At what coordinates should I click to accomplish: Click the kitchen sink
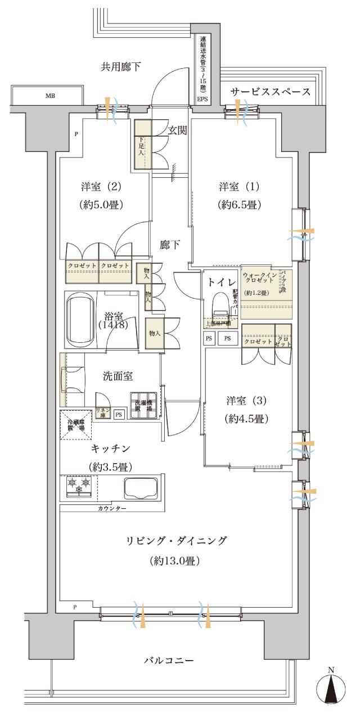pyautogui.click(x=141, y=487)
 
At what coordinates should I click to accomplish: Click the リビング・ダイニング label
pyautogui.click(x=177, y=541)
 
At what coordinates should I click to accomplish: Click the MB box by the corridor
pyautogui.click(x=51, y=95)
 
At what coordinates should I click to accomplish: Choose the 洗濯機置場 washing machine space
pyautogui.click(x=143, y=406)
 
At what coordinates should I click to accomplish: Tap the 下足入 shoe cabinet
pyautogui.click(x=142, y=145)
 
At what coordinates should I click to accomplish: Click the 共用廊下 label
pyautogui.click(x=120, y=67)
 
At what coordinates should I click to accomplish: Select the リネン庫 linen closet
pyautogui.click(x=102, y=412)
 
